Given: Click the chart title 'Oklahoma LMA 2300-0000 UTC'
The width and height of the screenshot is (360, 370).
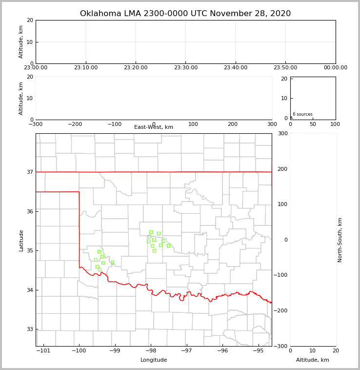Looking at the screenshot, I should click(x=185, y=14).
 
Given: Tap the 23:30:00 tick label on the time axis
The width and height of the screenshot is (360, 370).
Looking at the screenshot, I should click(x=185, y=68).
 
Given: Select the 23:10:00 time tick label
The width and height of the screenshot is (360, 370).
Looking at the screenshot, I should click(x=86, y=68).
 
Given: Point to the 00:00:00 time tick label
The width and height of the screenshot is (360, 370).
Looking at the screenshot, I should click(x=336, y=68).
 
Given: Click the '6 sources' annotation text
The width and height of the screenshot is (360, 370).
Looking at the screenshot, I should click(x=302, y=114).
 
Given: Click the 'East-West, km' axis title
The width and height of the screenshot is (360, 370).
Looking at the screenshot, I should click(x=154, y=127).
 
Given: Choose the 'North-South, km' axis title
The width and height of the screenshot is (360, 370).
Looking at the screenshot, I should click(x=340, y=240).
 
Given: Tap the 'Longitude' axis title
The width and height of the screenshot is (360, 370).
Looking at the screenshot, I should click(x=154, y=360).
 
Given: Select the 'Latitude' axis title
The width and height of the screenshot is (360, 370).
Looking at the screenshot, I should click(x=21, y=240).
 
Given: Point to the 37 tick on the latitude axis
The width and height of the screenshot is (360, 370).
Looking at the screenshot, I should click(x=30, y=172).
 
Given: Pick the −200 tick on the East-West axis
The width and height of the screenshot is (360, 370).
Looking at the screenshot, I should click(x=75, y=124).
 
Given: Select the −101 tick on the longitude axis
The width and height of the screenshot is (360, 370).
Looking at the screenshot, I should click(x=44, y=350).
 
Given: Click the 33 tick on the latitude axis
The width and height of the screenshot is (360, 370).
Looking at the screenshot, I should click(x=30, y=329).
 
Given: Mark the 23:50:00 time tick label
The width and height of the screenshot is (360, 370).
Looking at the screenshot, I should click(x=285, y=68).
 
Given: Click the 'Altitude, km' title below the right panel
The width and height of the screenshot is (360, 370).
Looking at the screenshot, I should click(x=313, y=360).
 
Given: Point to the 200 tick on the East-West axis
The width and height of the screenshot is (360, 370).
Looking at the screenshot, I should click(x=233, y=124).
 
